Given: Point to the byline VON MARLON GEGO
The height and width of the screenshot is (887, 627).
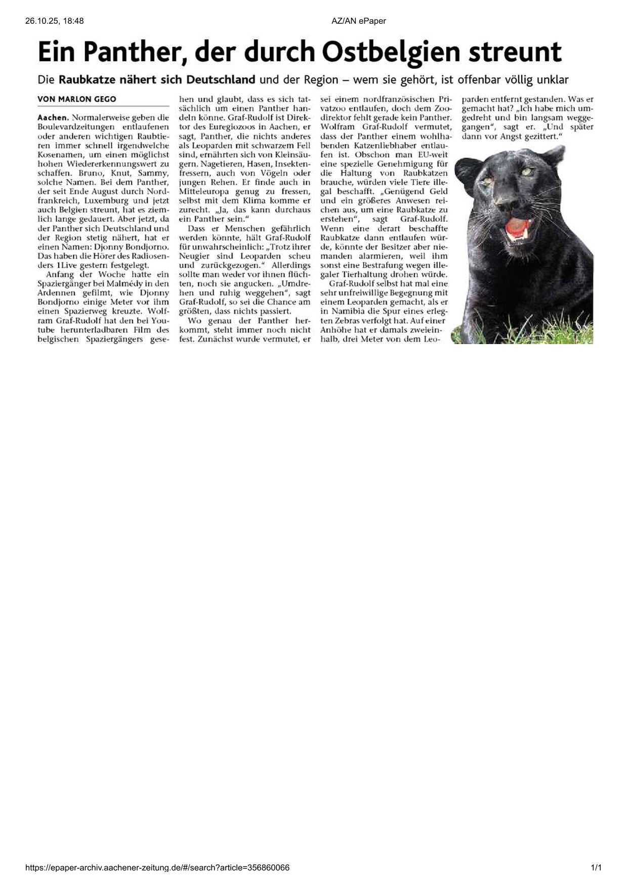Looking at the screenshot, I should [x=77, y=99].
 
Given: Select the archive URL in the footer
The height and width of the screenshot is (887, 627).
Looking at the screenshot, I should [x=157, y=868].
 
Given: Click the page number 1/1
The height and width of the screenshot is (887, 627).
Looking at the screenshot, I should [x=596, y=868].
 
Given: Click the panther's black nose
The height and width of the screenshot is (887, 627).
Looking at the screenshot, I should [x=506, y=203].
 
